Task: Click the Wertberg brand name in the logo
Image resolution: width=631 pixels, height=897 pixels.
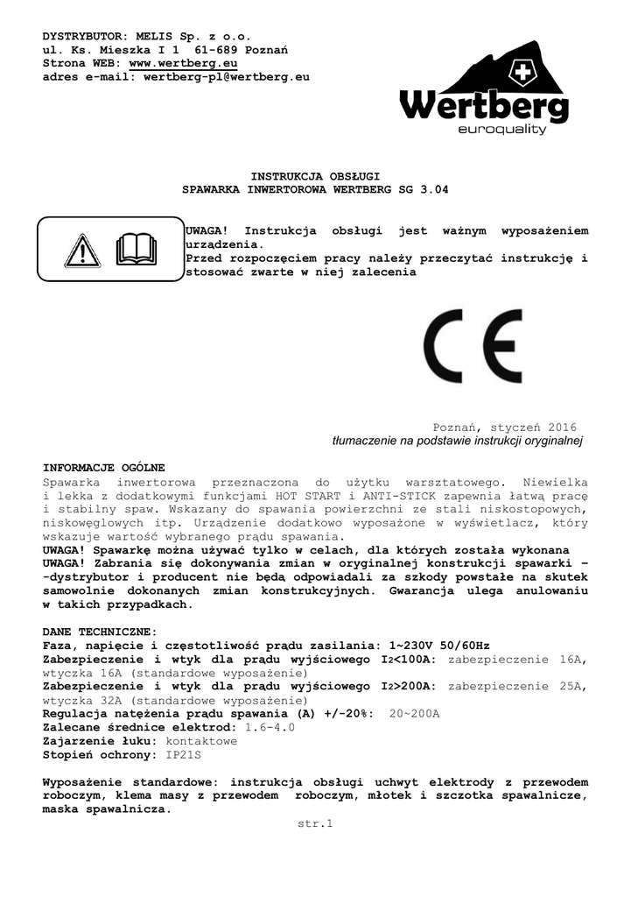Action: tap(484, 109)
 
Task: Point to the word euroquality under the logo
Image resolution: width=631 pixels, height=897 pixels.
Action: tap(501, 131)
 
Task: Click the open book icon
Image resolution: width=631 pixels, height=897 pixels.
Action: tap(136, 250)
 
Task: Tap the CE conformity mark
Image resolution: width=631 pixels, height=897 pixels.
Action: tap(473, 346)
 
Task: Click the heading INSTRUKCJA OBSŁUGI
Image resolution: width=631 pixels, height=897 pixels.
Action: tap(314, 176)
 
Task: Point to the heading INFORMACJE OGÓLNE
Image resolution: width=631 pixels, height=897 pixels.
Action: tap(103, 468)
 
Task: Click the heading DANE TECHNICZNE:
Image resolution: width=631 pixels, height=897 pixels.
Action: tap(100, 632)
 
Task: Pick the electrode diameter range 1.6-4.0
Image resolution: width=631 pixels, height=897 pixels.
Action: tap(270, 727)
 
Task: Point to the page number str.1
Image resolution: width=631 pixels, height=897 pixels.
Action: tap(316, 823)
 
